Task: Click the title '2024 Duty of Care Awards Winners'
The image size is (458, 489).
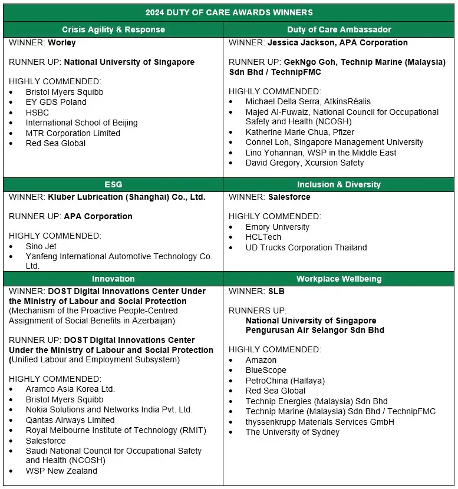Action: (229, 12)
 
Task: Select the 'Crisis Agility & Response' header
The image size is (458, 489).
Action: (114, 29)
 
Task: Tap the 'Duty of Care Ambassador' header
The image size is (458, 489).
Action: (339, 29)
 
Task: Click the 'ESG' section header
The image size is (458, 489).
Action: (113, 184)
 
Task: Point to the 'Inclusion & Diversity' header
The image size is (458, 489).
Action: (339, 184)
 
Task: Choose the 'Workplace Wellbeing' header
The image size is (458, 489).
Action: (339, 279)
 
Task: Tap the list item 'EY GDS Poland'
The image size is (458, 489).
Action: (56, 102)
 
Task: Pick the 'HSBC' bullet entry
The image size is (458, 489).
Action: (37, 113)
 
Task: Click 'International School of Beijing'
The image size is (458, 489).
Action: (81, 123)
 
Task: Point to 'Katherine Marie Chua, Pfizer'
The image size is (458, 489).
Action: (300, 132)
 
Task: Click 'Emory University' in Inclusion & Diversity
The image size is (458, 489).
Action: (277, 227)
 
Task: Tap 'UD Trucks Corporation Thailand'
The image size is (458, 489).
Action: (306, 247)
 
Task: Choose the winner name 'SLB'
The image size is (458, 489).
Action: (276, 291)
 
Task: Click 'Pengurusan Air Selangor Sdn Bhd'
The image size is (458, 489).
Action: (315, 330)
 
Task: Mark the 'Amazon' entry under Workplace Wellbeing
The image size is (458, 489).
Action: (261, 360)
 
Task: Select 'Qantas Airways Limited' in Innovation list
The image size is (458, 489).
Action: (70, 420)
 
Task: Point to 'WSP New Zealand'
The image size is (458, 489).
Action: (61, 471)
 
